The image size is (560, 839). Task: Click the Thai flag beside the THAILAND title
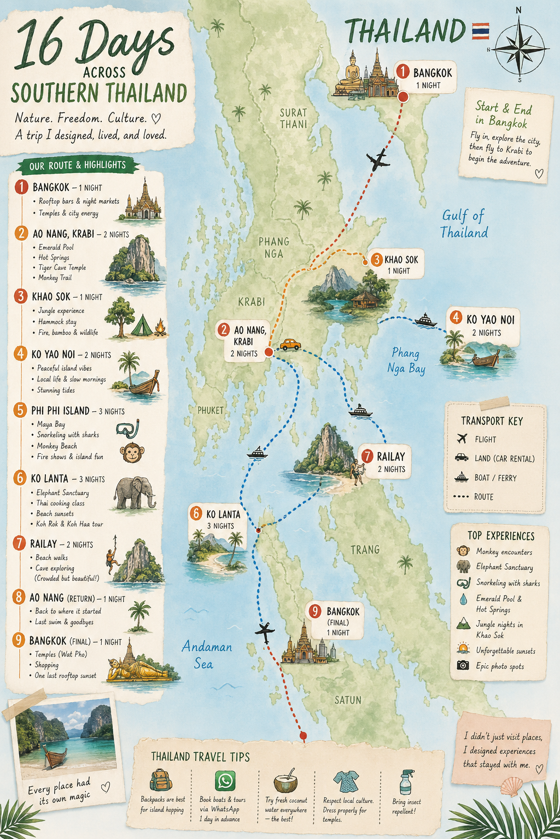pos(480,31)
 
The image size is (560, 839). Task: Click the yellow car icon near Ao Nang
pos(290,345)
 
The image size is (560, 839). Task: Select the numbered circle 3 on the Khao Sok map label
pos(376,260)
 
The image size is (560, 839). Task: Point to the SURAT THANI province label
pos(294,119)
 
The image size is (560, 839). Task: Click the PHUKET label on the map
pos(211,410)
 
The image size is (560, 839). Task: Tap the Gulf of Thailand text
pos(464,224)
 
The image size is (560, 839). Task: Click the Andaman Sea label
pos(207,655)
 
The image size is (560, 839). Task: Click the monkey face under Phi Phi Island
pos(132,453)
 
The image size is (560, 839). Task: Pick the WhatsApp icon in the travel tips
pos(225,781)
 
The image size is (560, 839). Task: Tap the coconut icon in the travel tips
pos(285,782)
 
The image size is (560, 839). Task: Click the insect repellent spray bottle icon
pos(405,782)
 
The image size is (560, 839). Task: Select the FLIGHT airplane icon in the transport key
pos(462,439)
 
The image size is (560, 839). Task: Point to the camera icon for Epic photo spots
pos(463,665)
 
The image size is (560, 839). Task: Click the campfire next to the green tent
pos(160,328)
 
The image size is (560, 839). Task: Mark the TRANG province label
pos(365,550)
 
